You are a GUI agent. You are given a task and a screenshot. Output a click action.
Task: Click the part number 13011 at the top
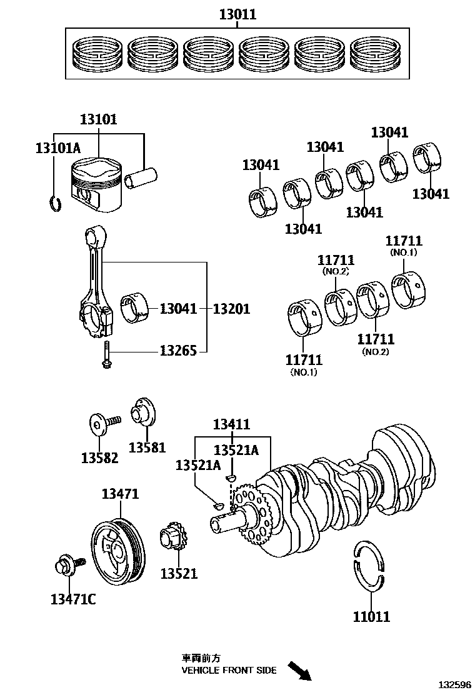pos(237,14)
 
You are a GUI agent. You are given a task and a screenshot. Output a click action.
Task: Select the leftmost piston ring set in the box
pos(98,53)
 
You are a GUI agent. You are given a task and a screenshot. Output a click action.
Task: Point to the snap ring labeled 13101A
pos(54,203)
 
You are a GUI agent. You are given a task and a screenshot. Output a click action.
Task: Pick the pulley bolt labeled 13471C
pos(66,566)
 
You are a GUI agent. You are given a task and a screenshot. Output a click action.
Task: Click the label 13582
pos(99,458)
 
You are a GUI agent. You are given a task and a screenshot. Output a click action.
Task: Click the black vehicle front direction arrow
pos(300,671)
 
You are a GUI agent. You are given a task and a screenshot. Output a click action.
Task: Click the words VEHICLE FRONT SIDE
pos(229,671)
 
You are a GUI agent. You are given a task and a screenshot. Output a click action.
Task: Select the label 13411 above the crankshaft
pos(231,425)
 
